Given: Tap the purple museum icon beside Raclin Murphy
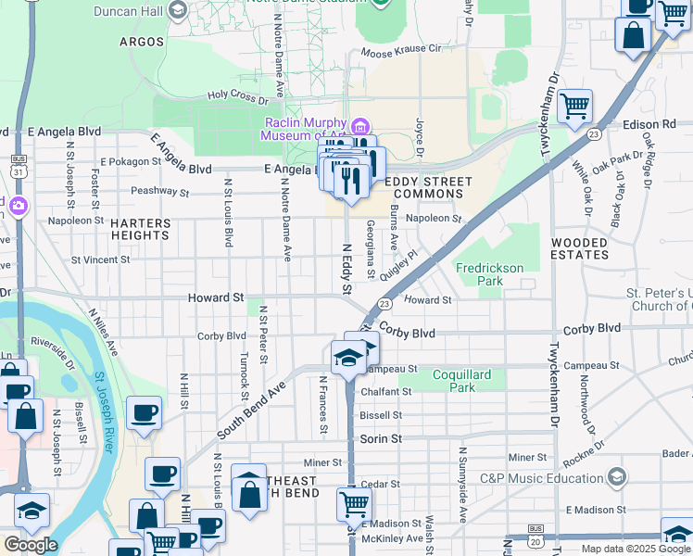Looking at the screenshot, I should coord(359,126).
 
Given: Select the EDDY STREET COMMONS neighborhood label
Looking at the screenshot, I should coord(428,187).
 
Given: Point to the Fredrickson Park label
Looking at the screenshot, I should coord(489,274).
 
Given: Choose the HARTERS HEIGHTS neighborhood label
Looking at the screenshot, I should coord(141,230).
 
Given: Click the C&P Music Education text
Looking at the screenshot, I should coord(541,478).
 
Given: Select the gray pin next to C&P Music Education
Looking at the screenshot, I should coord(618,477).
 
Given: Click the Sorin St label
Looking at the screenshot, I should coord(381,438).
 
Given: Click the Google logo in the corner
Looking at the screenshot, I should coord(30,544).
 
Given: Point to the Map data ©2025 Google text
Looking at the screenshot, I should coord(635,549).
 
